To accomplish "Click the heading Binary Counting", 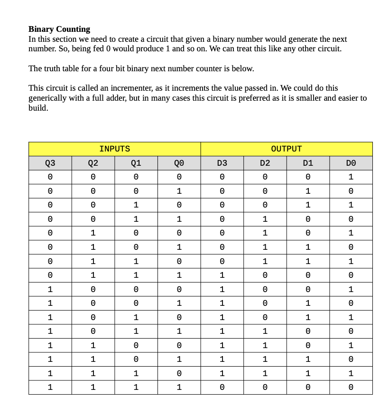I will [59, 29].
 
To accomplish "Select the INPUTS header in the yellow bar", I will [114, 149].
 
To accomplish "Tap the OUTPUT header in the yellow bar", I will [286, 149].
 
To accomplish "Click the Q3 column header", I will [50, 163].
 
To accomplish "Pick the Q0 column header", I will [179, 163].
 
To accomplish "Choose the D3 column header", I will [222, 163].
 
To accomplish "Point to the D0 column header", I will [351, 163].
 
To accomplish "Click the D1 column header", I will [308, 163].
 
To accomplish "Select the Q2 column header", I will [93, 163].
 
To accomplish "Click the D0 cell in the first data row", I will [351, 177].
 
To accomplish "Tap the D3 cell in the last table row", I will [222, 388].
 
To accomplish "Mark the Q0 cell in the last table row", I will [179, 388].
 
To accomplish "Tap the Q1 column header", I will [136, 163].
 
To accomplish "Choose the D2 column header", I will [265, 163].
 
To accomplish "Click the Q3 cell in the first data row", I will [50, 177].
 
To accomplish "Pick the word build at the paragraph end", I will [38, 108].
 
